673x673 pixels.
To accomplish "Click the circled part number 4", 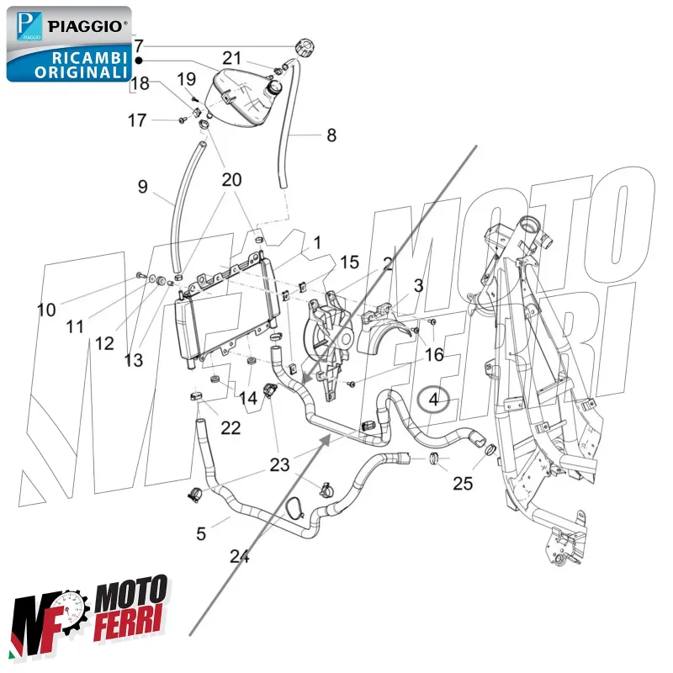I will point(434,400).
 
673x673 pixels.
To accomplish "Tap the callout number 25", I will point(463,484).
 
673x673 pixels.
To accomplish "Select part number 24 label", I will point(240,556).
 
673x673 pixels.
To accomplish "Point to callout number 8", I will point(331,135).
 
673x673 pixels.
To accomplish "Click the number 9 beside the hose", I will point(142,187).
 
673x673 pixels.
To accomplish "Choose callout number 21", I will point(231,58).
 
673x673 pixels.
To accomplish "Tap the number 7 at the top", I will point(139,45).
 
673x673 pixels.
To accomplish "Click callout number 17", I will point(137,120).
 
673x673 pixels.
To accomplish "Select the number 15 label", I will point(349,262).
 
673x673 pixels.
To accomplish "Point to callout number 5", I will point(200,533).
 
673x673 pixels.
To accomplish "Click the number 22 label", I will point(231,428).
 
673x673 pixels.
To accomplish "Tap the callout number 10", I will point(46,310).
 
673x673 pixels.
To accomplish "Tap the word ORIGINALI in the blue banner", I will point(81,72).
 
